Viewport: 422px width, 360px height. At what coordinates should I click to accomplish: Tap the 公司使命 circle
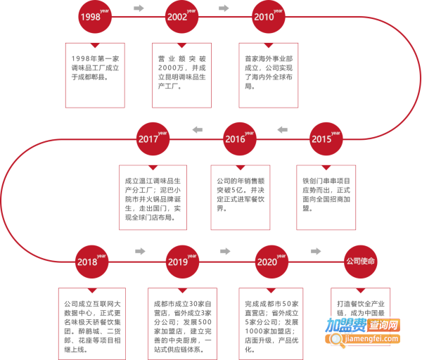(360, 261)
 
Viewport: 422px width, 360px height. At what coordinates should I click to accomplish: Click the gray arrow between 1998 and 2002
(139, 8)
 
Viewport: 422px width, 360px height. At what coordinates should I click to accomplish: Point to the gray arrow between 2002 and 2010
(224, 8)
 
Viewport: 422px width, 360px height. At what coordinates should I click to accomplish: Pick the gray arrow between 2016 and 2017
(197, 129)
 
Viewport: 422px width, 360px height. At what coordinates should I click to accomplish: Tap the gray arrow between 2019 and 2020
(226, 251)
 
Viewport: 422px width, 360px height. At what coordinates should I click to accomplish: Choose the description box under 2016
(240, 195)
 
